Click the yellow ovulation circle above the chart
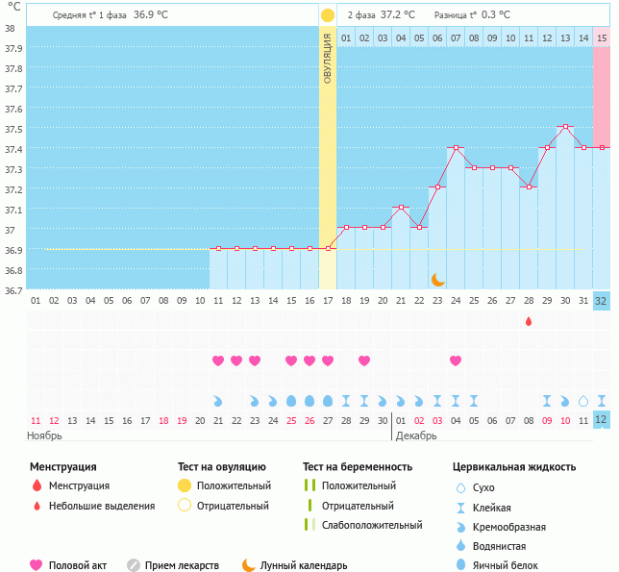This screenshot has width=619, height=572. [327, 15]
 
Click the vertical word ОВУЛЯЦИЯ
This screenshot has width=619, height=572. [327, 59]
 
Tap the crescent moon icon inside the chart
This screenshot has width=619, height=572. [437, 279]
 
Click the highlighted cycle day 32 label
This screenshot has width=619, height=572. [601, 301]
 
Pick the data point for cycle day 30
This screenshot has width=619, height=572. [565, 127]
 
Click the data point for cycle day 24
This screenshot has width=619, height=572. [456, 148]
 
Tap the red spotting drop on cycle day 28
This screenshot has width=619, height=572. [529, 321]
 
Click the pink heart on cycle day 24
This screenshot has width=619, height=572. [456, 361]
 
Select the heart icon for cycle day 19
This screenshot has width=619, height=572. [364, 361]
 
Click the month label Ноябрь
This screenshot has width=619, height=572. [44, 435]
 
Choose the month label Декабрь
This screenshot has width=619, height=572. [417, 435]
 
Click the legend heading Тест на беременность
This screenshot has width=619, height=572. [358, 467]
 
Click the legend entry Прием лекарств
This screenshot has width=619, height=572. [182, 566]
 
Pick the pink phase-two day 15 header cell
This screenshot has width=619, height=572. [602, 37]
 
